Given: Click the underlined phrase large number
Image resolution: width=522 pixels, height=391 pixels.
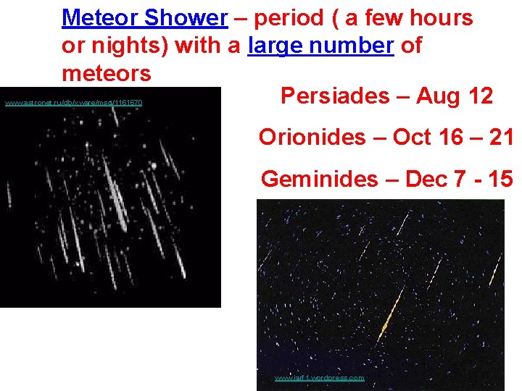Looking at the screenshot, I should pyautogui.click(x=320, y=46).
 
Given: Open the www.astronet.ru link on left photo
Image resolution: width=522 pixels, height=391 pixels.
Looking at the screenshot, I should pyautogui.click(x=73, y=103).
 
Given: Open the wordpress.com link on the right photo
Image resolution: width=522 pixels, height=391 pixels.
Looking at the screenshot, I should pyautogui.click(x=319, y=378).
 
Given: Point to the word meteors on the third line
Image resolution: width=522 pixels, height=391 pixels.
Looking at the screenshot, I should pyautogui.click(x=107, y=73).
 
